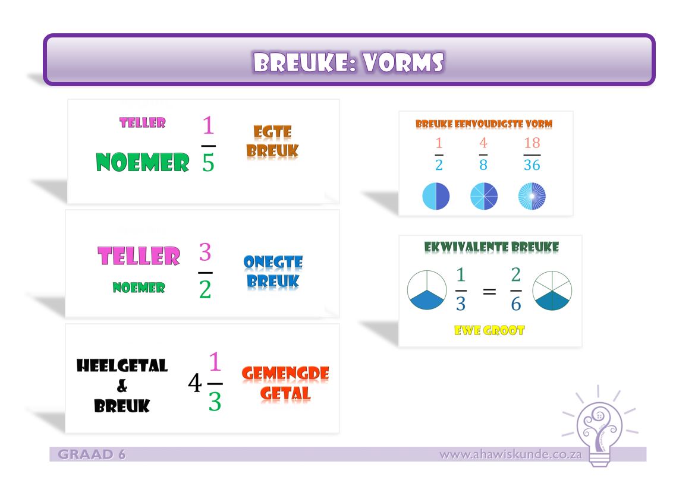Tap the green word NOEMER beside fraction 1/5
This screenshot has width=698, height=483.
(142, 162)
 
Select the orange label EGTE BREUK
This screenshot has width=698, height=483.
(272, 141)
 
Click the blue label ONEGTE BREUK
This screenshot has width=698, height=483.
(273, 272)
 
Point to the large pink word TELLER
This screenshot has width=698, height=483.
(139, 256)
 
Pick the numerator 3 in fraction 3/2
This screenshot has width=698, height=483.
(205, 253)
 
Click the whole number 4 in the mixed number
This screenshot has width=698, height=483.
(194, 383)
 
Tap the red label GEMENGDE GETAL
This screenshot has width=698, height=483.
(285, 383)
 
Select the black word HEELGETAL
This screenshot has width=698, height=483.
(122, 366)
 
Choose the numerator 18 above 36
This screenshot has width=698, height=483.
(532, 143)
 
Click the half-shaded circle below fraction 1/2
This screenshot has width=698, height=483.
(436, 197)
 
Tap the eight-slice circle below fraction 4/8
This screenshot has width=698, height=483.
(483, 197)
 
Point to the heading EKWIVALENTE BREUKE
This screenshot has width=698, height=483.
(491, 247)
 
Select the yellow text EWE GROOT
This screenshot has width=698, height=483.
(491, 330)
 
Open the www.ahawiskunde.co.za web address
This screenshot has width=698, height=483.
(510, 455)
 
